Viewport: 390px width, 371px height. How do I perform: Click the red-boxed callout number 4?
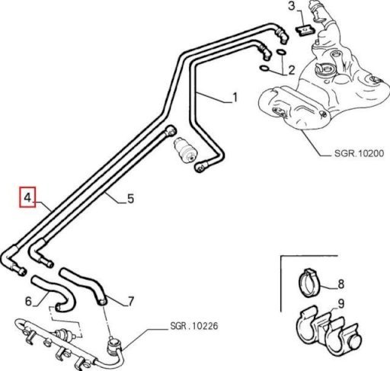tap(27, 197)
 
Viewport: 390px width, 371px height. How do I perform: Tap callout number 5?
tap(130, 198)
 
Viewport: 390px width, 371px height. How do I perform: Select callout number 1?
tap(235, 98)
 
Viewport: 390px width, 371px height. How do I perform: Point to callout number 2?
tap(291, 70)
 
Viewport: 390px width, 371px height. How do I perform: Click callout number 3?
tap(292, 6)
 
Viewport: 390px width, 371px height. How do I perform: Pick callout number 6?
tap(28, 301)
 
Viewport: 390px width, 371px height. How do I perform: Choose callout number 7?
tap(131, 302)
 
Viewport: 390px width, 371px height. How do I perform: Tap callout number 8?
tap(341, 283)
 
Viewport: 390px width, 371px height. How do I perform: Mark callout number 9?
tap(341, 303)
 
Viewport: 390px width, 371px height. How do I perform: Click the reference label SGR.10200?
tap(359, 153)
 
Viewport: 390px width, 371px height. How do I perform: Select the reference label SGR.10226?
tap(194, 326)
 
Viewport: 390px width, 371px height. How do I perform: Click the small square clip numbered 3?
tap(305, 30)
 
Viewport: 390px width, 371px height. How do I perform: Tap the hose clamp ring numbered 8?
tap(307, 283)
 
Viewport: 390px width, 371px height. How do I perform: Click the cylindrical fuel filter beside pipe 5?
tap(185, 150)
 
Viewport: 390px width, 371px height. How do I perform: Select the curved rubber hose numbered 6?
tap(53, 294)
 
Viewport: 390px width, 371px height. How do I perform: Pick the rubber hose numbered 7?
tap(84, 285)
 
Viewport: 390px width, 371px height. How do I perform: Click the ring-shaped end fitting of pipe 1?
tap(200, 168)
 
